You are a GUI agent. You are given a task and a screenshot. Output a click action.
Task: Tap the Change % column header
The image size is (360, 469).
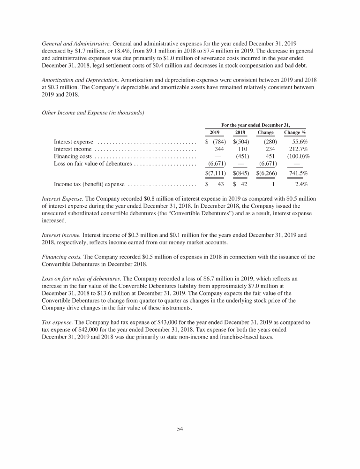[295, 133]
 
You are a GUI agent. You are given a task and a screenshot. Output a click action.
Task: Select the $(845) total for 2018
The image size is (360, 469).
[241, 174]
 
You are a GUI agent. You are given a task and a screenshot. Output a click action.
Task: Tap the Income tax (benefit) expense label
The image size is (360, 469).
[89, 184]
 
